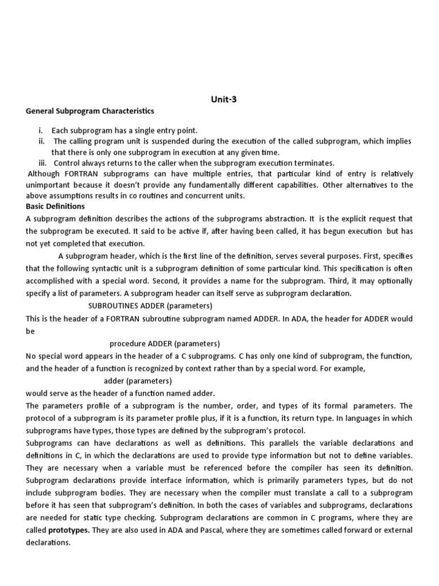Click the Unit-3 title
click(x=224, y=99)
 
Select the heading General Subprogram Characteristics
click(x=90, y=111)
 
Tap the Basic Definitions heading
click(x=55, y=206)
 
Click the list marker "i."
click(x=41, y=130)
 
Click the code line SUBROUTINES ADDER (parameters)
click(x=150, y=306)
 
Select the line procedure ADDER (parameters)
click(x=165, y=343)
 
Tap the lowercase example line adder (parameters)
click(x=137, y=381)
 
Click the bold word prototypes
click(x=69, y=530)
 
